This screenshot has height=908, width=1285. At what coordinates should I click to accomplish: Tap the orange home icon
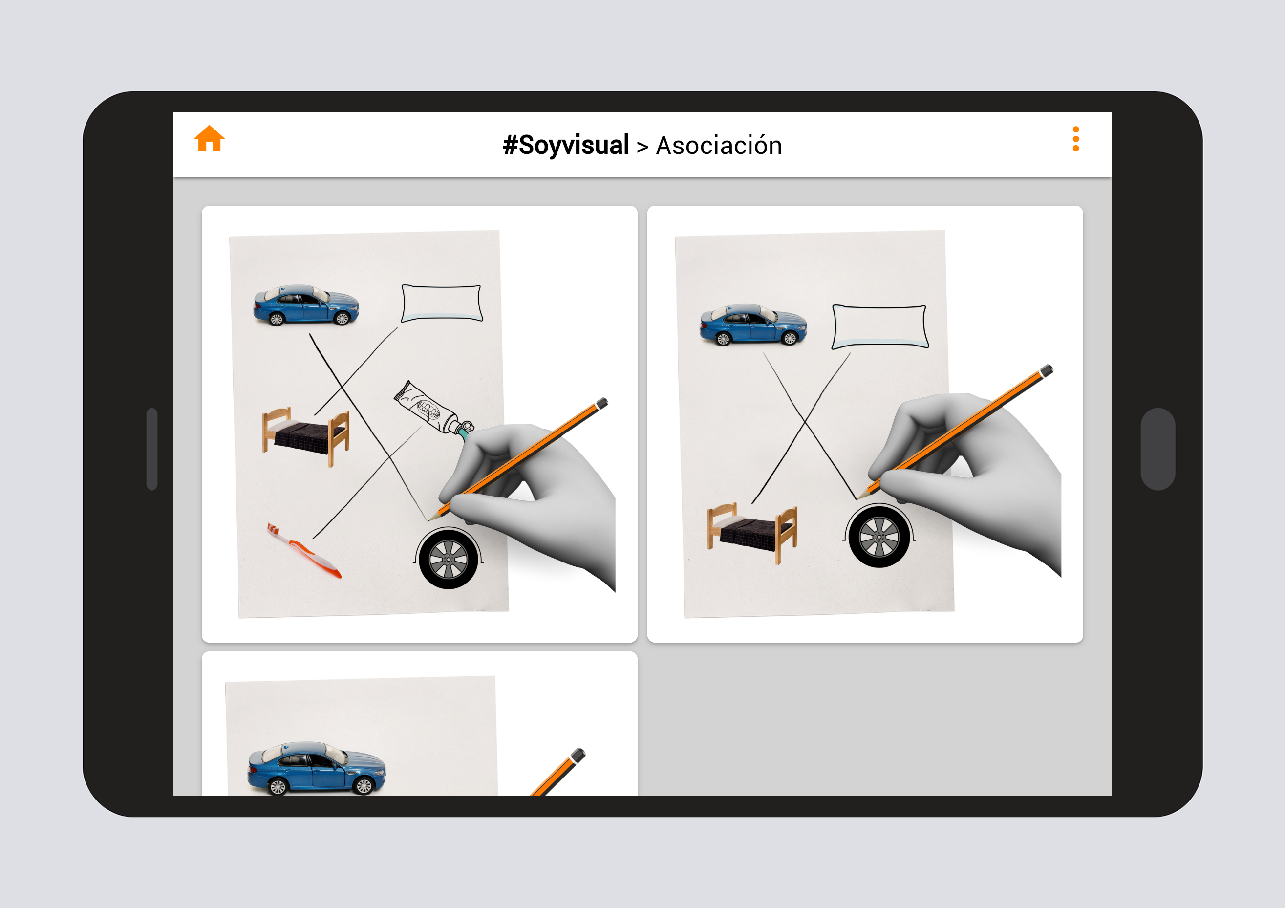coord(209,138)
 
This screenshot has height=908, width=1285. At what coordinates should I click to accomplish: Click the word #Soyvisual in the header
coord(566,145)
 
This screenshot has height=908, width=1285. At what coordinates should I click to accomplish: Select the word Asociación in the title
coord(719,145)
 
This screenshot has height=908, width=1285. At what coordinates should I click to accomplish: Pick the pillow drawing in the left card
coord(442,303)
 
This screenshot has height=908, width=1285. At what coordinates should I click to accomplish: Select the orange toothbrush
coord(304,550)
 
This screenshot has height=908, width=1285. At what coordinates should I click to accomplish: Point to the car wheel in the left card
coord(449,558)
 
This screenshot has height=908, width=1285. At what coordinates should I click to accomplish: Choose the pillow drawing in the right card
coord(880,327)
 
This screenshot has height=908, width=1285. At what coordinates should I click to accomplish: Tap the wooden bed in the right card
coord(751,534)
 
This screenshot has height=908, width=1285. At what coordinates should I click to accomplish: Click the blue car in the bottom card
coord(317,769)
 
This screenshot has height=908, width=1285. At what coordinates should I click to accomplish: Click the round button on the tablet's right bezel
coord(1157,449)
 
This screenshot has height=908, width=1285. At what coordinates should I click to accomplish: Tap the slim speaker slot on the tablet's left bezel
coord(151,449)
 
